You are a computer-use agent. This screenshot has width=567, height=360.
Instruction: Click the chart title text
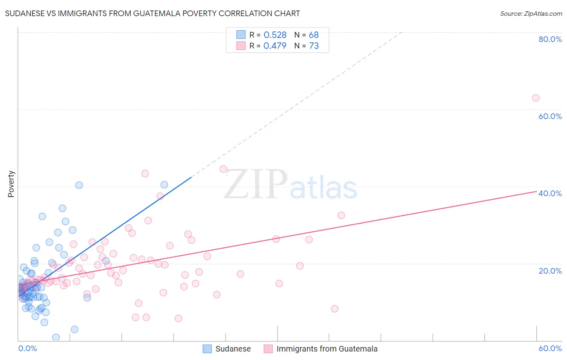152,13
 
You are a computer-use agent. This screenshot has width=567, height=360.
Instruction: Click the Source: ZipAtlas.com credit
531,13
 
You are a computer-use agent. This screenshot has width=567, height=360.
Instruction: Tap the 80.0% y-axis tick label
550,39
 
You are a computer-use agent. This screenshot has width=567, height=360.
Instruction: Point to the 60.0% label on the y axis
550,116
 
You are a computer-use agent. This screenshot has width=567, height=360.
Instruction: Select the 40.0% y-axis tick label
550,193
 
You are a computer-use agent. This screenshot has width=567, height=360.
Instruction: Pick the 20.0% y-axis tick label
550,270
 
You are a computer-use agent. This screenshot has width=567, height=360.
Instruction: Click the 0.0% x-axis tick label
27,348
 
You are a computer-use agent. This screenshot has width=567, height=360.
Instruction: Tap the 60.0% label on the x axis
550,348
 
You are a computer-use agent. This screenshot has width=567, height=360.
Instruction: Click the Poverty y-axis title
11,184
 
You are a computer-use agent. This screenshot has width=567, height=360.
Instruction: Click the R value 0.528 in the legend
275,35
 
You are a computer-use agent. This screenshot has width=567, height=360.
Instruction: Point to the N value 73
314,46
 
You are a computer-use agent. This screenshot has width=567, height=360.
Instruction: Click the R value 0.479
275,46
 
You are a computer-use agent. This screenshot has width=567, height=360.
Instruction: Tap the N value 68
314,35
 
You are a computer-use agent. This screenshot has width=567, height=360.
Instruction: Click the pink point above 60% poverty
536,98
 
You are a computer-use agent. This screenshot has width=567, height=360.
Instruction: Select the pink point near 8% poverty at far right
334,309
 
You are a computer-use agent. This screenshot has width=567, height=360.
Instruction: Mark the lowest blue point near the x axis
56,337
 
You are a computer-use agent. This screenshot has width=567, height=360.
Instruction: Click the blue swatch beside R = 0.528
241,35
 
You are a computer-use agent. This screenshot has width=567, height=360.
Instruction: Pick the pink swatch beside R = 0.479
241,46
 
